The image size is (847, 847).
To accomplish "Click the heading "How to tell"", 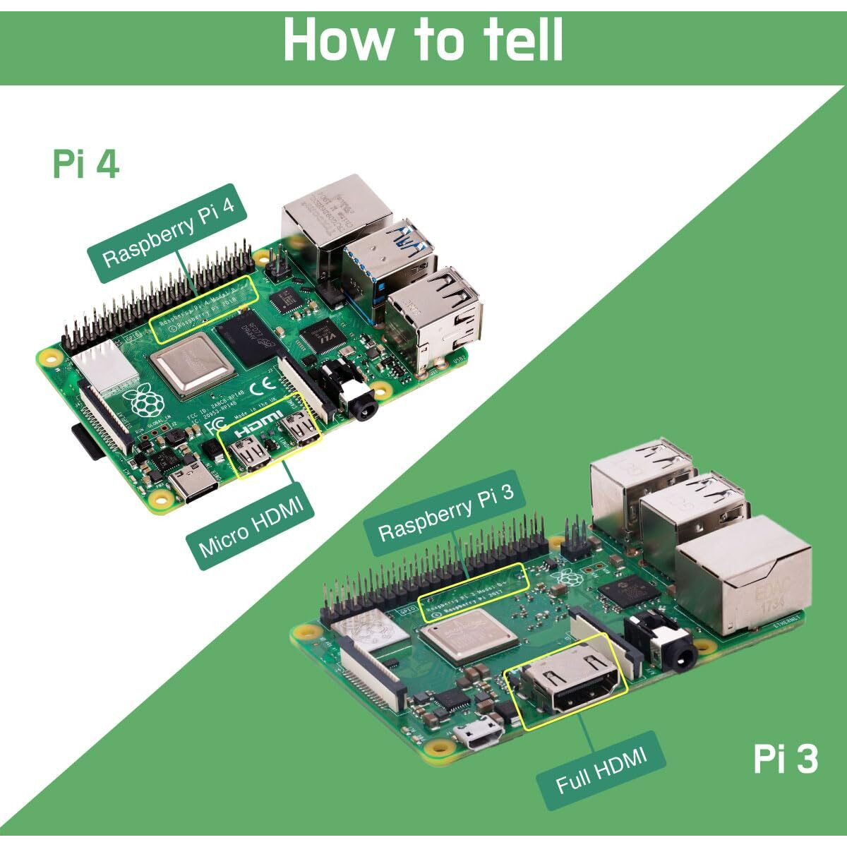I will pyautogui.click(x=423, y=40).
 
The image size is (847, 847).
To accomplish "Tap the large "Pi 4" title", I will pyautogui.click(x=85, y=163).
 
